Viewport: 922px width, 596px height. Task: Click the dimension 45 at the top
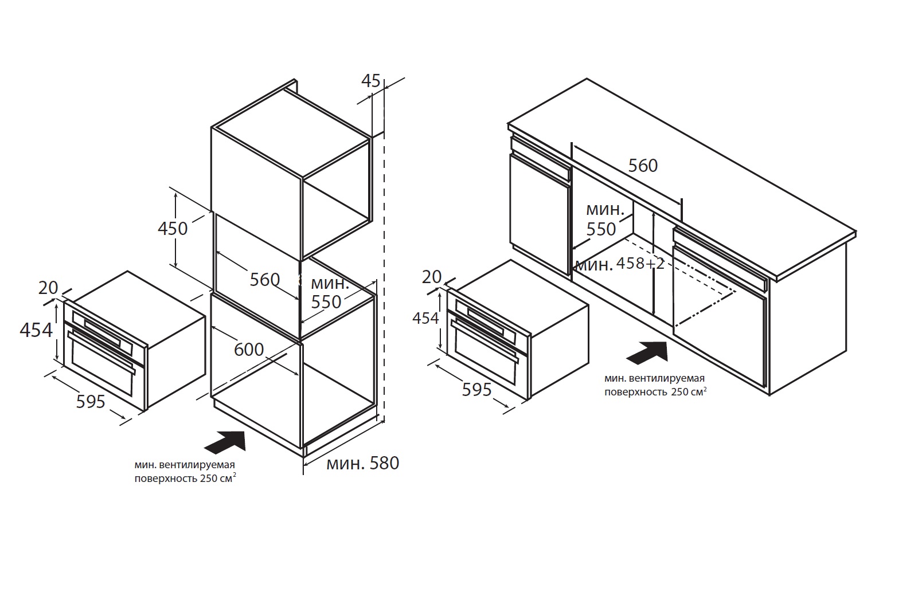(370, 81)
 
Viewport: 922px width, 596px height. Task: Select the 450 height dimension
(173, 229)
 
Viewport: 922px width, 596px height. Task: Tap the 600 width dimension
(249, 350)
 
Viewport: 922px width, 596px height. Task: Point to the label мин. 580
(362, 463)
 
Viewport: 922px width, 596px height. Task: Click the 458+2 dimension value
(640, 264)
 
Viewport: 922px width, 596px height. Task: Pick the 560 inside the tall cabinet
(265, 280)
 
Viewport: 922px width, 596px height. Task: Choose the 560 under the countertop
(643, 166)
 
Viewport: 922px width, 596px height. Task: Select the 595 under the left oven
(91, 401)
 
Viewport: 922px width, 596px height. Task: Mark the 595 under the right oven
(477, 390)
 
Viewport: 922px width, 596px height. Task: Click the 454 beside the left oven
(36, 330)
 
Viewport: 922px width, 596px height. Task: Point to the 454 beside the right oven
(425, 317)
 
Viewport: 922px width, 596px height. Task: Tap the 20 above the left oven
(48, 288)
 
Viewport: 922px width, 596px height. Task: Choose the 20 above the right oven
(432, 277)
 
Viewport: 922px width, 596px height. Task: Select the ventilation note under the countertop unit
(655, 385)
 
